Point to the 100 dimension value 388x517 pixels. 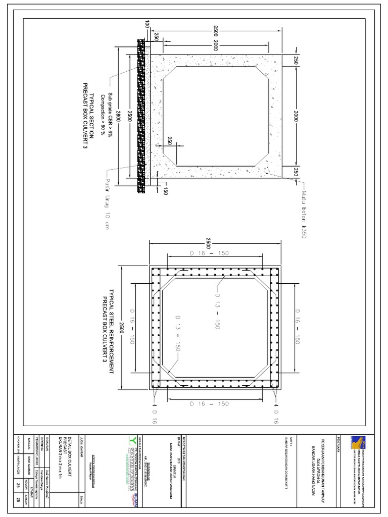(x=147, y=25)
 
